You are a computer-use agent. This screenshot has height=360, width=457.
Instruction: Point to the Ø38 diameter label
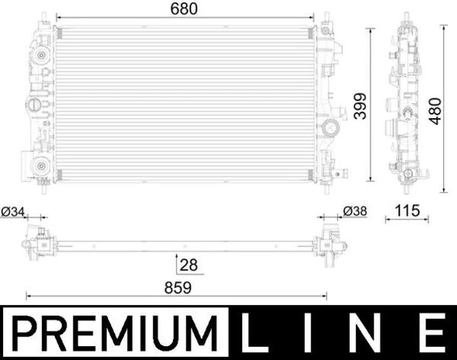(x=352, y=210)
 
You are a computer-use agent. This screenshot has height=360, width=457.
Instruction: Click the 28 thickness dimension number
(x=188, y=265)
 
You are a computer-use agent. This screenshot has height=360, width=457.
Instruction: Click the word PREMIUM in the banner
(x=115, y=334)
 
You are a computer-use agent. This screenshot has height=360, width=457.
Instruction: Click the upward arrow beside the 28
(x=178, y=261)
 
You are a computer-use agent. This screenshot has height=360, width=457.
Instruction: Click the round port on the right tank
(x=331, y=128)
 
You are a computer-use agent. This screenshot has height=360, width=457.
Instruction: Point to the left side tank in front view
(x=39, y=104)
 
